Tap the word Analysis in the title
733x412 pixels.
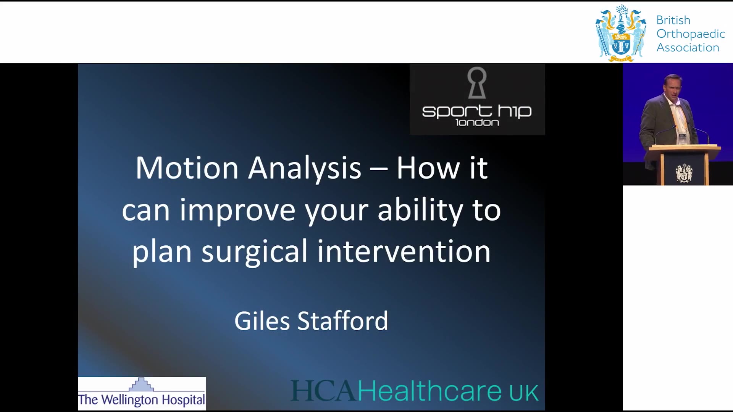point(304,168)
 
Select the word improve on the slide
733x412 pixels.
point(237,210)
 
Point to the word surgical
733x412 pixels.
point(254,252)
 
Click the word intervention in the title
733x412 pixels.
point(404,251)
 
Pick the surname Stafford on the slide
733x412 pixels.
point(342,320)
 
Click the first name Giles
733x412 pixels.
point(262,320)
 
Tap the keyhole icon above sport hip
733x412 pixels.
point(477,82)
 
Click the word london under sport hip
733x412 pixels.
point(477,122)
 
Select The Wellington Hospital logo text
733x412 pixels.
point(142,400)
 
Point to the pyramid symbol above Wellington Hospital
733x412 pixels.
point(141,384)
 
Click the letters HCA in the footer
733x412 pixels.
point(324,391)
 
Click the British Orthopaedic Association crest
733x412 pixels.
point(621,34)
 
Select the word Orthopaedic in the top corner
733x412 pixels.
point(691,34)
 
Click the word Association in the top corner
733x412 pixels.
point(688,48)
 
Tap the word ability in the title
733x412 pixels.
point(420,210)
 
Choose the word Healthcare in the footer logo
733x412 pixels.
point(429,391)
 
